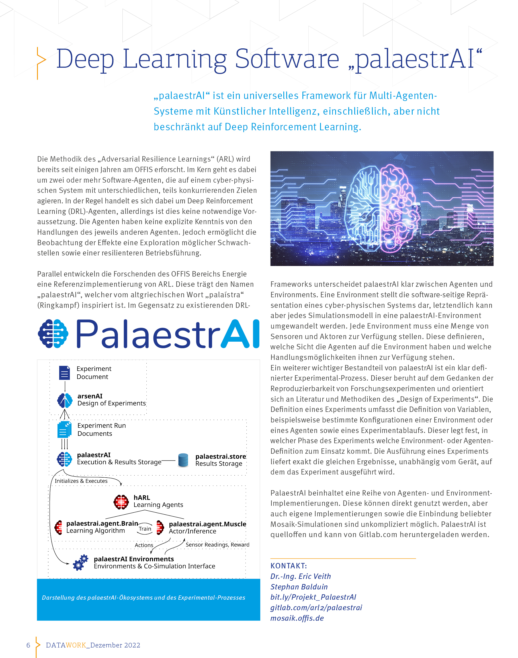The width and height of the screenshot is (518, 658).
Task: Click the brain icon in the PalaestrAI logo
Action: click(53, 333)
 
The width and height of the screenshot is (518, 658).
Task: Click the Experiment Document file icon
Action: click(64, 373)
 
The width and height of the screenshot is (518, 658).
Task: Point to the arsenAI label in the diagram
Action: click(90, 396)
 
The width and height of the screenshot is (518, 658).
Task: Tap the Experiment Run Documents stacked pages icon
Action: click(64, 429)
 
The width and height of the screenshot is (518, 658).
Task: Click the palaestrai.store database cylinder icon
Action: click(183, 460)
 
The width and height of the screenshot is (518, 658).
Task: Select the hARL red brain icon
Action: click(121, 502)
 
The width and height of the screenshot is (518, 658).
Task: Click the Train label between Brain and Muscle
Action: click(145, 529)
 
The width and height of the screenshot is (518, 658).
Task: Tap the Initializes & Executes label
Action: click(81, 481)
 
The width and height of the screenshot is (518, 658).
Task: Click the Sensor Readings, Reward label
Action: click(217, 545)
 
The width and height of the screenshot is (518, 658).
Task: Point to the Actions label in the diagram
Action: click(144, 545)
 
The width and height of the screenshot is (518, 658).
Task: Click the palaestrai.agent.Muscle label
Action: click(207, 524)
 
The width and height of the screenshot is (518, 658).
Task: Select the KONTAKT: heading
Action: click(288, 566)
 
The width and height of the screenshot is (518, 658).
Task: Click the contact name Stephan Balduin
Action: click(299, 587)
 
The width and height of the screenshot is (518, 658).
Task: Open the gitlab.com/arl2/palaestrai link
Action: click(316, 608)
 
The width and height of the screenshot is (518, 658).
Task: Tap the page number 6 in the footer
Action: click(28, 645)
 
